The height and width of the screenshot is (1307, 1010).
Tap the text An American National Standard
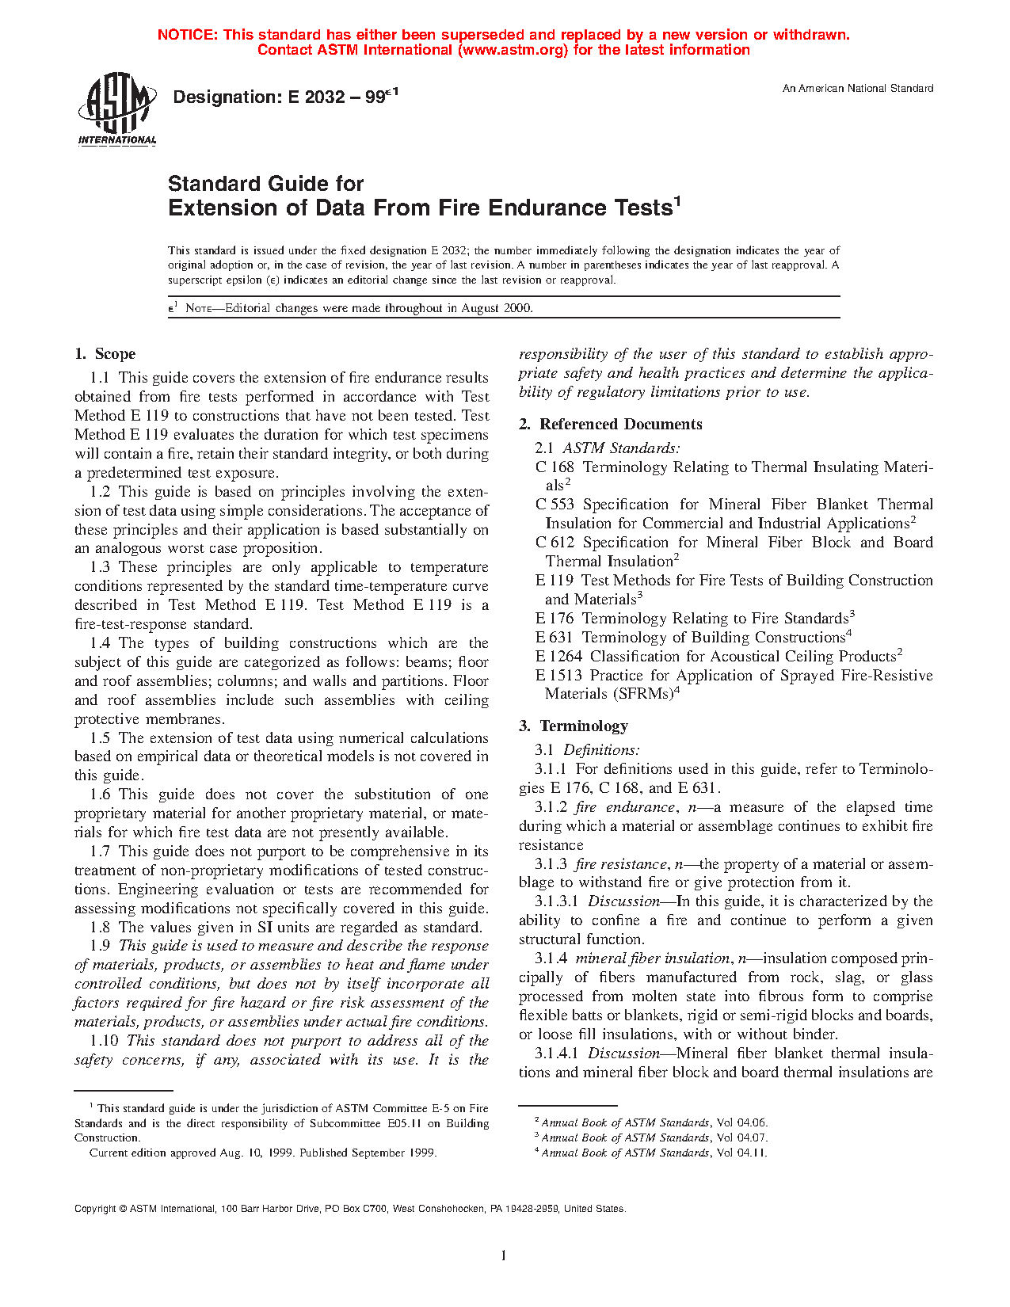857,89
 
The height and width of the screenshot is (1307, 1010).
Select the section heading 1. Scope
105,354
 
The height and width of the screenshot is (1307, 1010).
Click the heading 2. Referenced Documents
610,425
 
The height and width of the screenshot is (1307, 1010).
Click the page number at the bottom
503,1255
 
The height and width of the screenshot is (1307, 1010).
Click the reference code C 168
555,467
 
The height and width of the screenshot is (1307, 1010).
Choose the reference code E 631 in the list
555,638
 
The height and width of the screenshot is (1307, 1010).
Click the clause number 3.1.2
551,807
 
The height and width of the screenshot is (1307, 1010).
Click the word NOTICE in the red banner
187,35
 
